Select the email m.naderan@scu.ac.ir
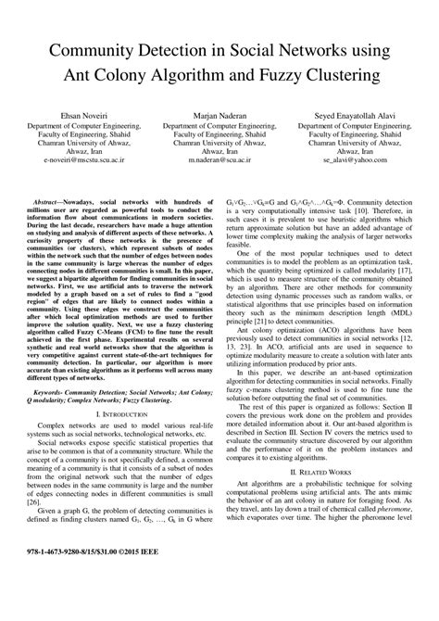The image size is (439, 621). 218,160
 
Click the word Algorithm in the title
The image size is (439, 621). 197,73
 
